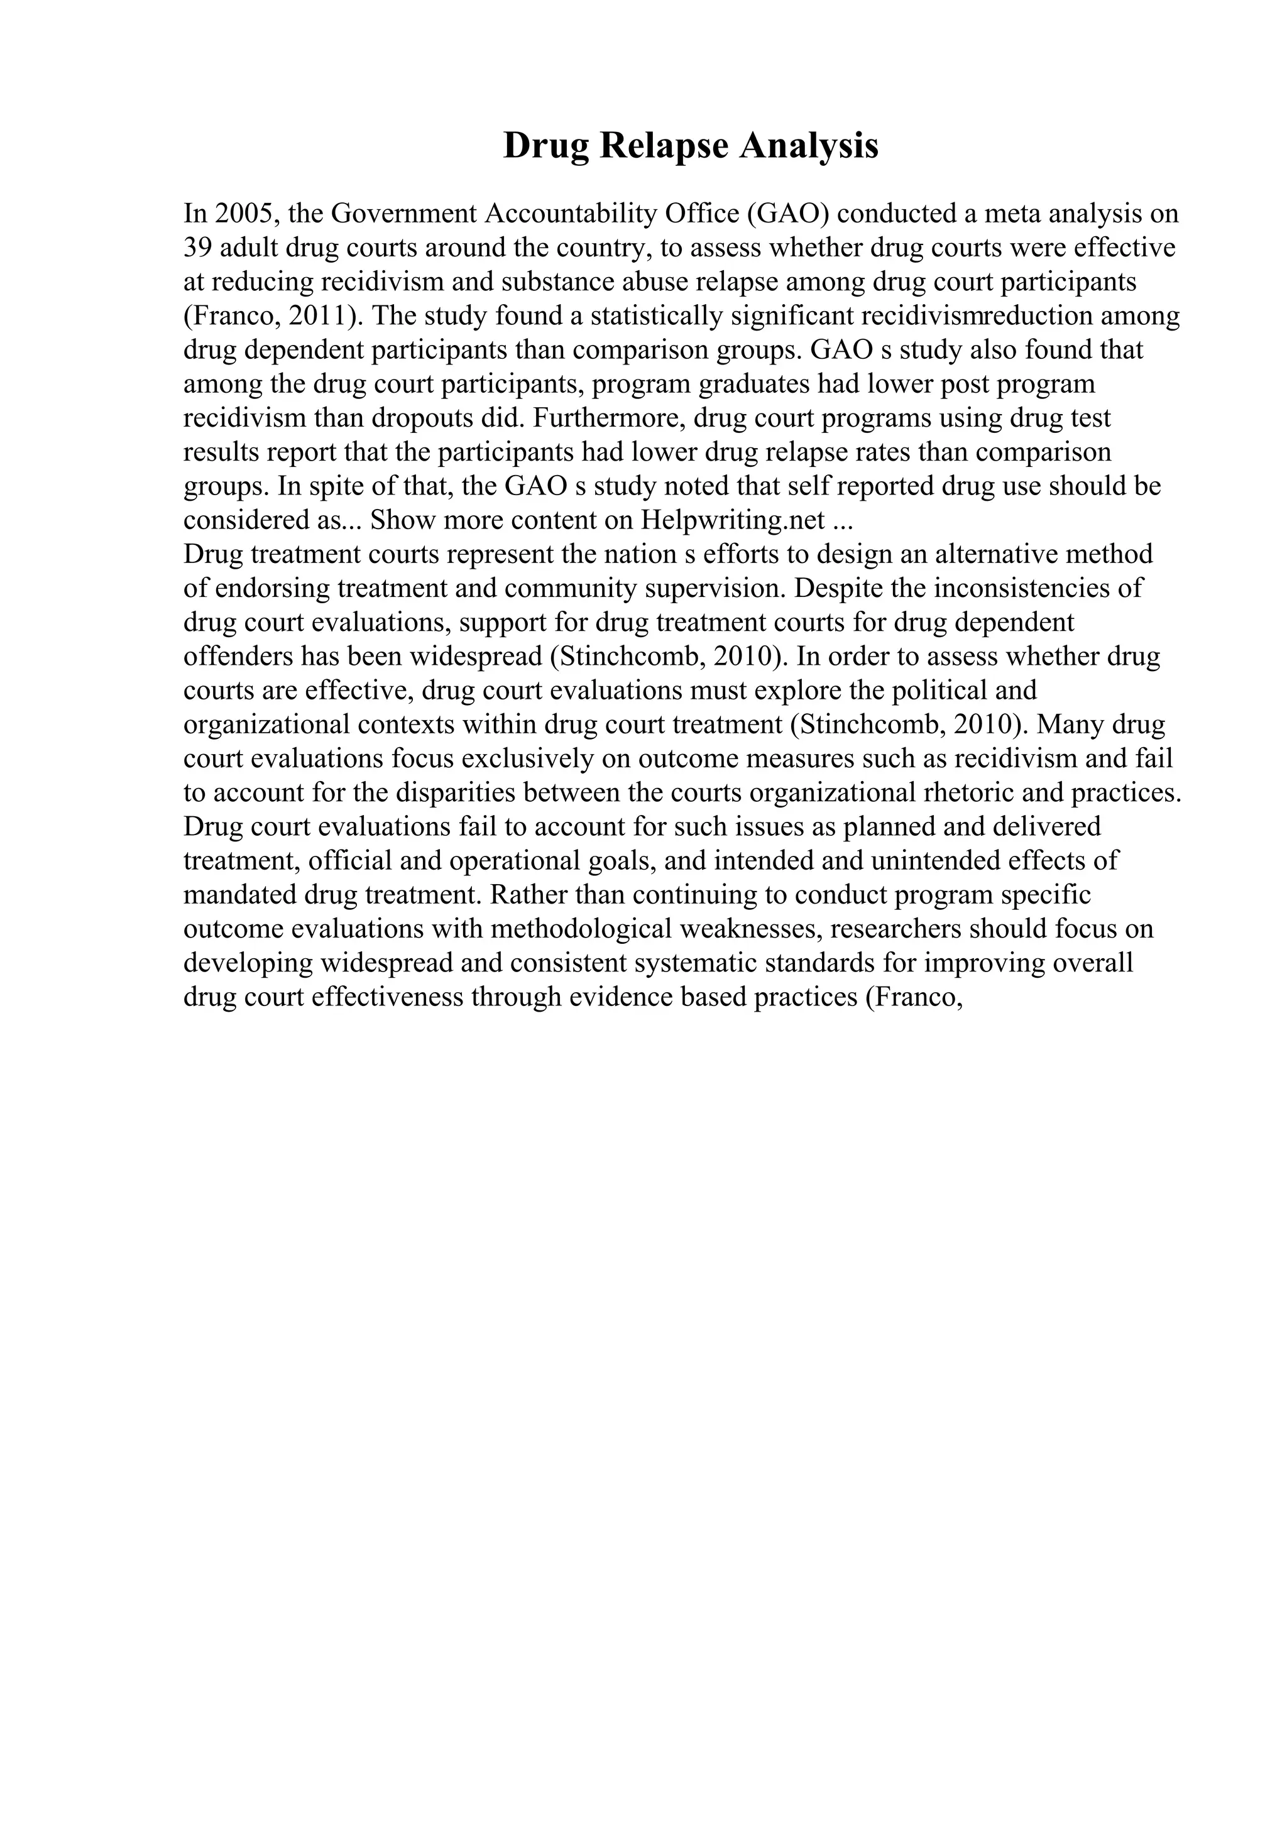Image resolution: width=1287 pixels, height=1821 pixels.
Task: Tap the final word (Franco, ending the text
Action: pos(914,998)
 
